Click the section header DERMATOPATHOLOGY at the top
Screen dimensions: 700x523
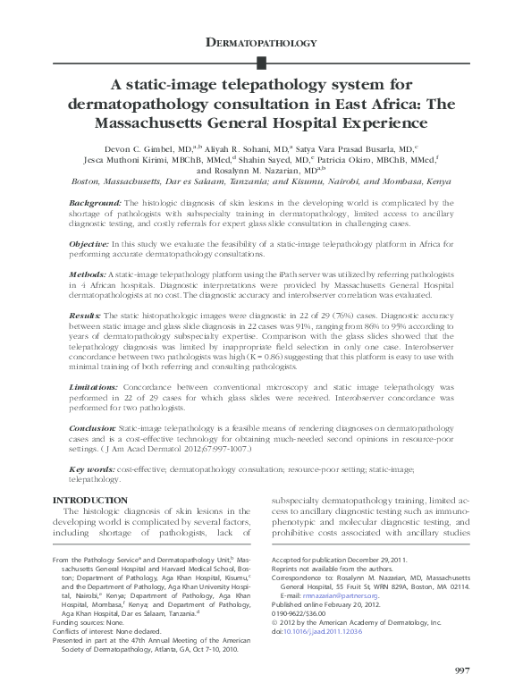[261, 42]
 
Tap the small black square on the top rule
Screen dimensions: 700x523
[261, 62]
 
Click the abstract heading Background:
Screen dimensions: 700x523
[95, 203]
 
